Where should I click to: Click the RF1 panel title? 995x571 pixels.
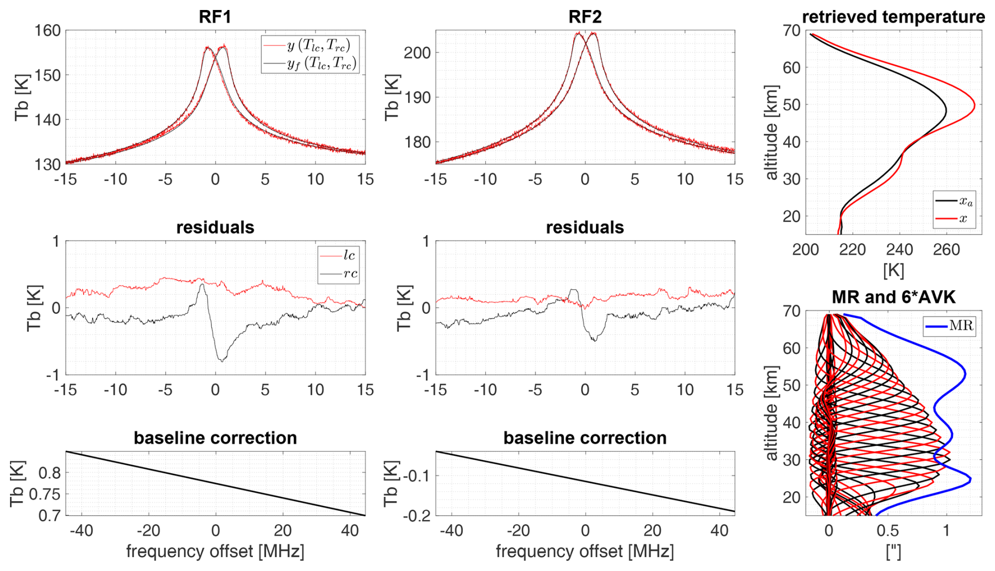pos(215,17)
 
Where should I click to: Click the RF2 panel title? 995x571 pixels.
pos(585,17)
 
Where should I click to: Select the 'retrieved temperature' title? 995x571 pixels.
pos(893,17)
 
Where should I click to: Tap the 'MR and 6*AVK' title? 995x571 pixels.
pos(893,297)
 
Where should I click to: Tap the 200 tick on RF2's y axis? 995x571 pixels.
pos(417,53)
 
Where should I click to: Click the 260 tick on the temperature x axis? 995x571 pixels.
pos(946,249)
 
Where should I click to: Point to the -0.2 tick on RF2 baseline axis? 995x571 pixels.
pos(416,515)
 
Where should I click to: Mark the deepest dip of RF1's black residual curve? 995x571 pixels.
pos(222,361)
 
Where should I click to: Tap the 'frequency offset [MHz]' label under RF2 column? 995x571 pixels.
pos(585,551)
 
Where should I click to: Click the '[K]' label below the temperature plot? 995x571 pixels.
pos(893,270)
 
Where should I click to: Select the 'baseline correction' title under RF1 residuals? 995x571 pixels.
pos(215,437)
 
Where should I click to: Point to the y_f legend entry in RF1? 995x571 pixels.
pos(321,64)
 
